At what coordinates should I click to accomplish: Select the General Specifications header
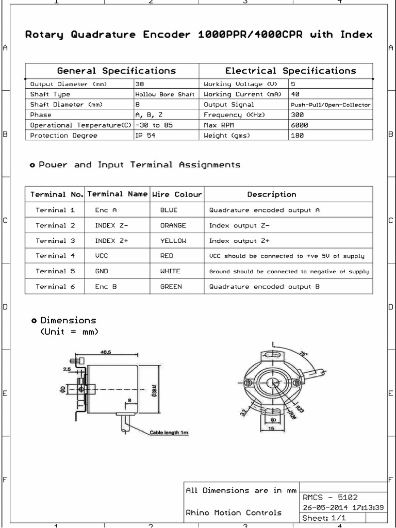point(116,71)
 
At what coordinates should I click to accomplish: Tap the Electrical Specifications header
point(290,71)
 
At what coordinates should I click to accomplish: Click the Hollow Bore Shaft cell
point(164,94)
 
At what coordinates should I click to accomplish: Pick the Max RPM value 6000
point(300,125)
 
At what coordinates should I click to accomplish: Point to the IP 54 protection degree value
point(145,136)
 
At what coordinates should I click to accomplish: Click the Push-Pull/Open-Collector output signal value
point(331,105)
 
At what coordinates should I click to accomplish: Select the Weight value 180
point(297,136)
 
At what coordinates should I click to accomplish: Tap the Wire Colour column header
point(177,194)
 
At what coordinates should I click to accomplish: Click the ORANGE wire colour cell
point(173,225)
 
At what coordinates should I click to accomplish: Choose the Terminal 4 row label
point(55,256)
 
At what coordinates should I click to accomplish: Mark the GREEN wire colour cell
point(171,286)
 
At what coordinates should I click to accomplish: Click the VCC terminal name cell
point(102,256)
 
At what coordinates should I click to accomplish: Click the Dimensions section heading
point(68,320)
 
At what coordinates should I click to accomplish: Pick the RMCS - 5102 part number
point(330,498)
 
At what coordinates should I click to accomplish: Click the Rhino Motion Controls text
point(234,513)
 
